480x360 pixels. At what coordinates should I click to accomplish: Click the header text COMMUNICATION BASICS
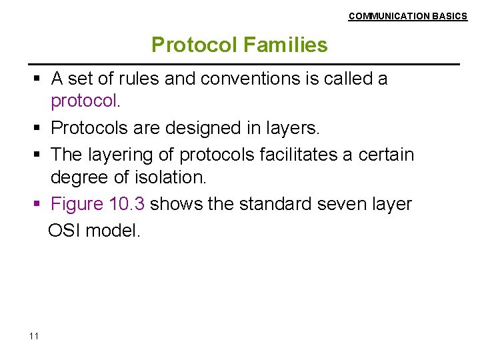[x=408, y=16]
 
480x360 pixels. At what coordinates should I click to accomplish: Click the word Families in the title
[x=285, y=45]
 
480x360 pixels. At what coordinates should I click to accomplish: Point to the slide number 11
[x=34, y=335]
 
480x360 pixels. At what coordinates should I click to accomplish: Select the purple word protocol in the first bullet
[x=84, y=103]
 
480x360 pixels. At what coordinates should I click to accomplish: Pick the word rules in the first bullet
[x=138, y=79]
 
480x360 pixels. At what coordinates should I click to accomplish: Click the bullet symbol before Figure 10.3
[x=38, y=205]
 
